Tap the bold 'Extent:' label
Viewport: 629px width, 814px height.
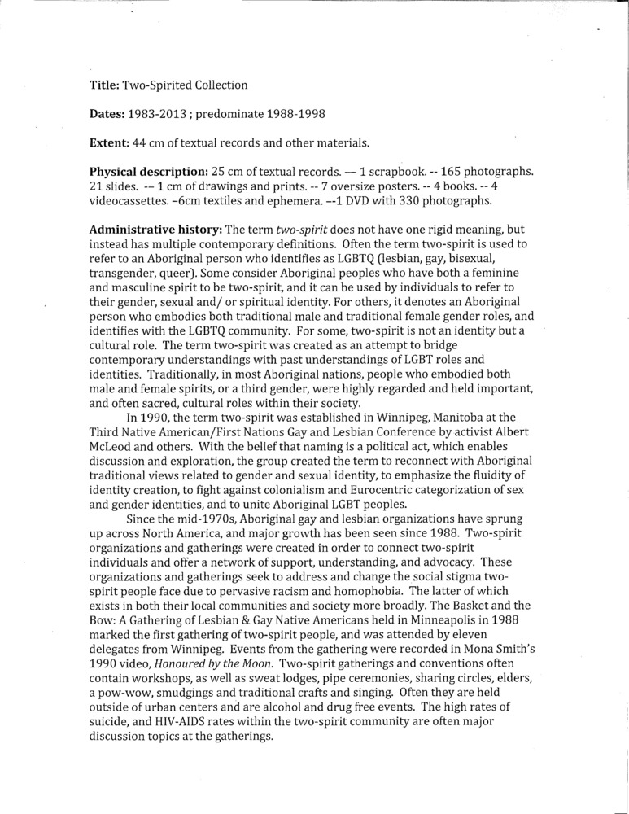click(x=110, y=143)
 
